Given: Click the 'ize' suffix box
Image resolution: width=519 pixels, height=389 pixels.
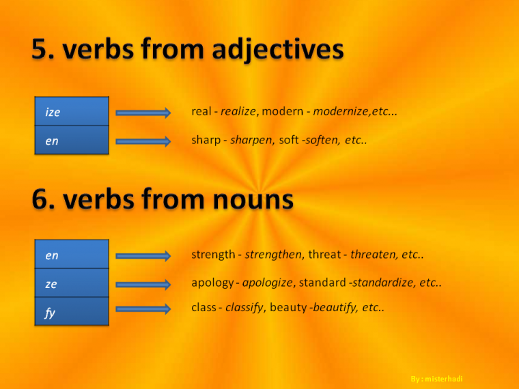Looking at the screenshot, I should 72,112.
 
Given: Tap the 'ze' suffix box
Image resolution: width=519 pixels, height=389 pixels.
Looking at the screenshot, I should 72,283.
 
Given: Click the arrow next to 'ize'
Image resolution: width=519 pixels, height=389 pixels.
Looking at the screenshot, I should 143,113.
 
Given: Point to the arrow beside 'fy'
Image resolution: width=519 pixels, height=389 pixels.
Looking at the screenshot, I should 143,309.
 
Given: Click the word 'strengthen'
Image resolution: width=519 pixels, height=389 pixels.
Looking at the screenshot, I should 273,255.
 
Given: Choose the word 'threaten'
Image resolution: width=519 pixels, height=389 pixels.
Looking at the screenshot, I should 373,255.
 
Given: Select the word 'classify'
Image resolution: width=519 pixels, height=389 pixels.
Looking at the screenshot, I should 244,308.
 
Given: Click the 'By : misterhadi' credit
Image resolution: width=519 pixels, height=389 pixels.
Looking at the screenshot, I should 440,378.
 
